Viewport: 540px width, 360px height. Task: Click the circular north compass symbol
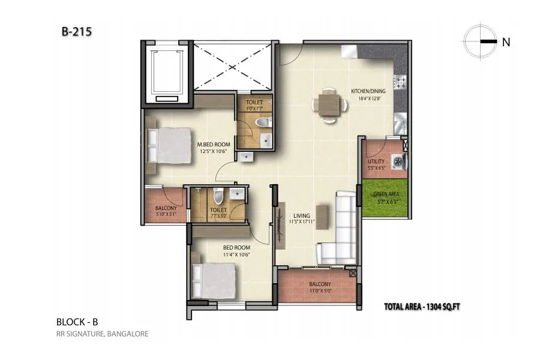point(479,41)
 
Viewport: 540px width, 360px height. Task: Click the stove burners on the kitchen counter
point(401,80)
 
